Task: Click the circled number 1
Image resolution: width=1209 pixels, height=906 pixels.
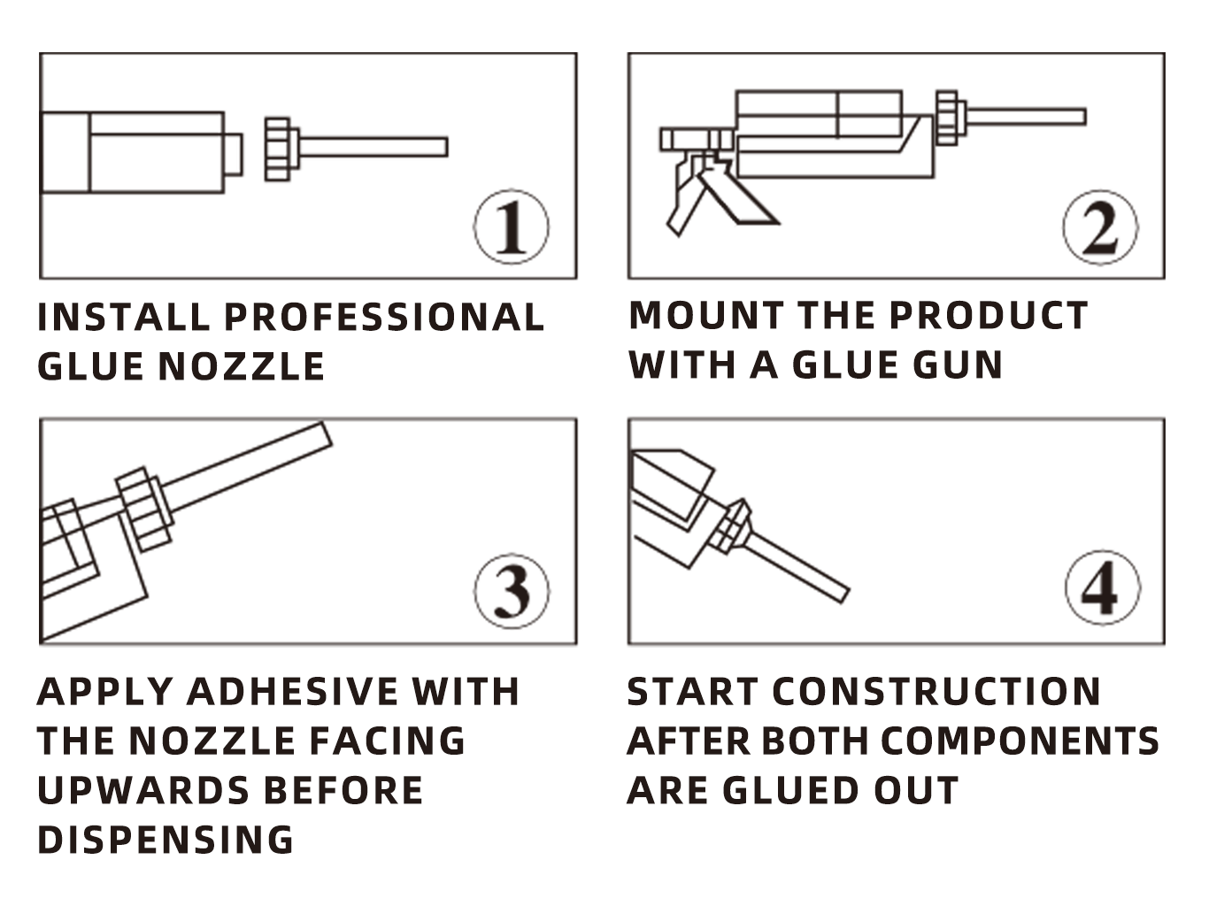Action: coord(512,226)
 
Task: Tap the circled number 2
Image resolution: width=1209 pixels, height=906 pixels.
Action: coord(1100,227)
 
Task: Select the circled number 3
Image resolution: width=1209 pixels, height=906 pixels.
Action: coord(512,591)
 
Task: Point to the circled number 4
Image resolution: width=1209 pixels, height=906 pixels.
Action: coord(1102,588)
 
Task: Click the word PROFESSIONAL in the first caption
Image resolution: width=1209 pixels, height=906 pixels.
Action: coord(384,317)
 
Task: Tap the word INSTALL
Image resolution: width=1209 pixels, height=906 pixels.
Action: coord(124,317)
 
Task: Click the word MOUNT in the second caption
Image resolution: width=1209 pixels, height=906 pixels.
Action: coord(706,315)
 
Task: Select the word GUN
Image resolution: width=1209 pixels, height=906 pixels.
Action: coord(957,365)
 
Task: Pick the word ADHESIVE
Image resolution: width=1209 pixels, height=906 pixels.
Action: coord(292,691)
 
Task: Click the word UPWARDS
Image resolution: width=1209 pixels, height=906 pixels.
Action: coord(143,790)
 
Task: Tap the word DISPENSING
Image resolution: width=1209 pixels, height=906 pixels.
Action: coord(166,840)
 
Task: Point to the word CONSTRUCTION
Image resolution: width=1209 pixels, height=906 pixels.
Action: coord(937,691)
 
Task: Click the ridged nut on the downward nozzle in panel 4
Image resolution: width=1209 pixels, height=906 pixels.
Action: coord(730,525)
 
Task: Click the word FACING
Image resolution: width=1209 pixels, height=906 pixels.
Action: coord(388,741)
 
